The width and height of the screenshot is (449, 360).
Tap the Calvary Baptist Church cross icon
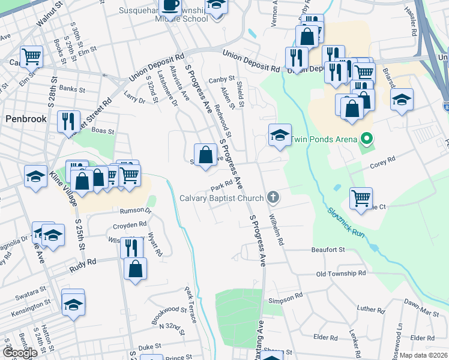(273, 197)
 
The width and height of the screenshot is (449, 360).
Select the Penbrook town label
(26, 119)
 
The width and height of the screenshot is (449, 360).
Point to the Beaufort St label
(328, 250)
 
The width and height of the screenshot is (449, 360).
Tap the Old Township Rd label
(341, 274)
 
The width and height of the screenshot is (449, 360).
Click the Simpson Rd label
(286, 298)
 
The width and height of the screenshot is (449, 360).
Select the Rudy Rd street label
(83, 262)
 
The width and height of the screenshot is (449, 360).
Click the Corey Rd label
(383, 160)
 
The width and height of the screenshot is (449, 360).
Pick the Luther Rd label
(366, 310)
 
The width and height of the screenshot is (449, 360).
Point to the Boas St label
(102, 130)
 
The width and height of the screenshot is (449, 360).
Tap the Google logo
(20, 353)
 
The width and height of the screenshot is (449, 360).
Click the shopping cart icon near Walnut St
(32, 56)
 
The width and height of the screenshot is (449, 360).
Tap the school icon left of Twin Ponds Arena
(280, 136)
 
